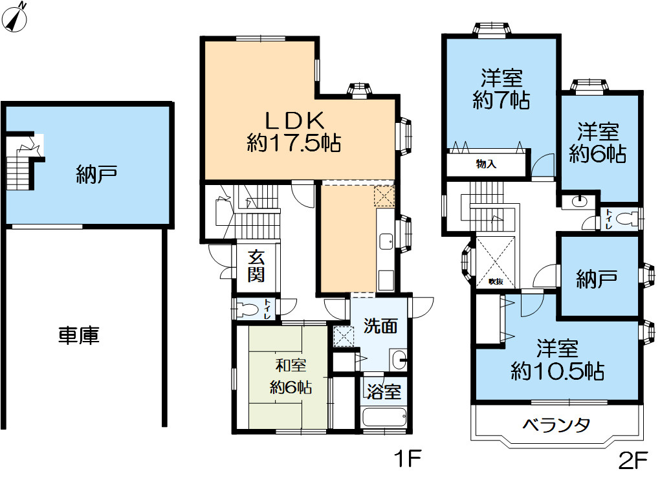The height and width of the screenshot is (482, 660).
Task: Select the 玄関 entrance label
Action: point(256,266)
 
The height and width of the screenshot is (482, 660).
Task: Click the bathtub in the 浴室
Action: point(384,419)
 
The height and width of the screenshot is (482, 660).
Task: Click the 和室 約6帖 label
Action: point(291,377)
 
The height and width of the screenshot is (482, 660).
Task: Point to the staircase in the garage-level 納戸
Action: point(21,166)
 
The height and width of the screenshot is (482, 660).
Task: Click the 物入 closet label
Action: point(486,164)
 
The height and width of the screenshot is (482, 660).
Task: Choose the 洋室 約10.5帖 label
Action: point(557,360)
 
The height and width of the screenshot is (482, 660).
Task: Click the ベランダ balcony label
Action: point(556,425)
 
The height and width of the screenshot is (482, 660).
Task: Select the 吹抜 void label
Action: point(496,282)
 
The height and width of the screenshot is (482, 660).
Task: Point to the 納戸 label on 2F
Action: point(597,279)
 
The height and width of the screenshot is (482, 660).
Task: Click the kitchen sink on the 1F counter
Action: point(386,242)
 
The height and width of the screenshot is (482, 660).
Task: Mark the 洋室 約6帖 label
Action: point(598,142)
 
